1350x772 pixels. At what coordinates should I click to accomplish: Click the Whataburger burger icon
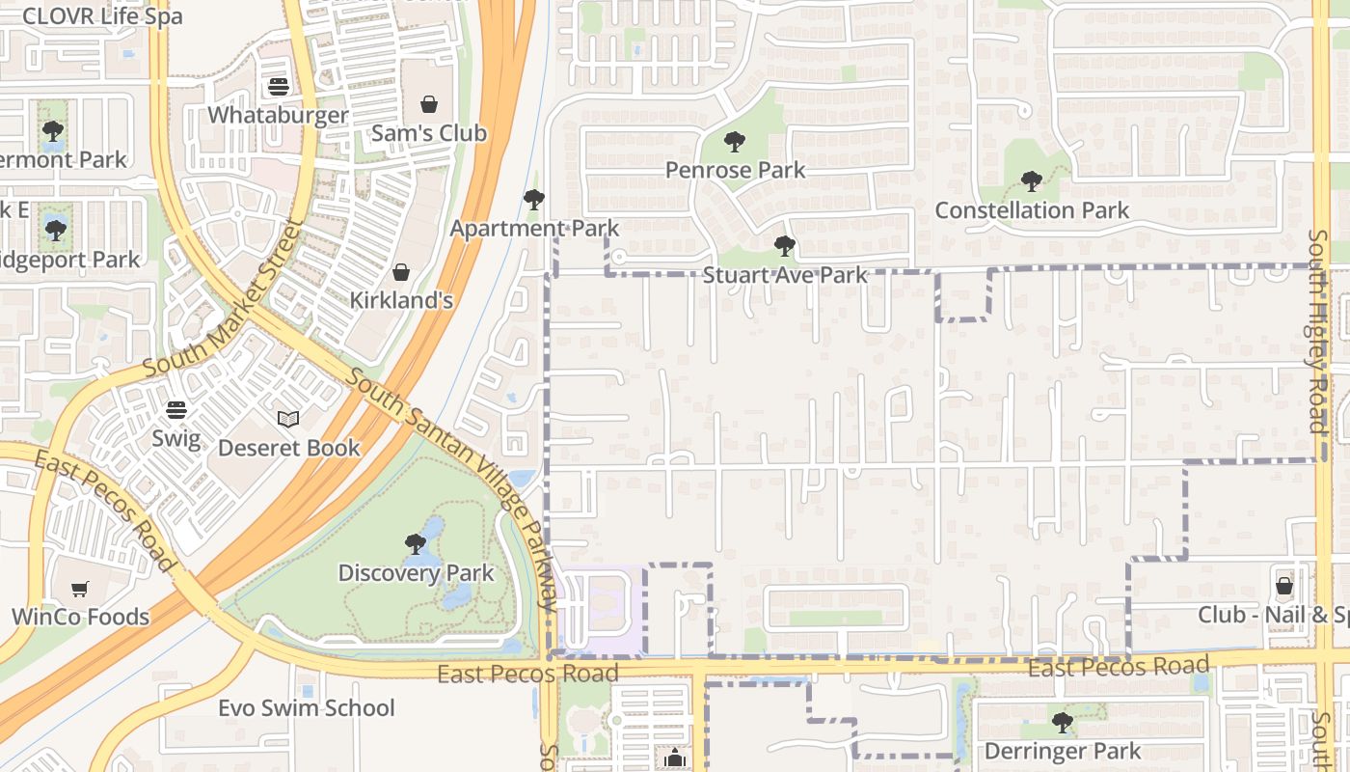[279, 87]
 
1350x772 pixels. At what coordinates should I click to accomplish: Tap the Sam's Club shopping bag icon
[429, 104]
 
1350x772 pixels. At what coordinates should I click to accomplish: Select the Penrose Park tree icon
[735, 142]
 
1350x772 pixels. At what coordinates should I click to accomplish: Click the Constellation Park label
[1032, 209]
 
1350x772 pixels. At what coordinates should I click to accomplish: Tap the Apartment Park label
[534, 229]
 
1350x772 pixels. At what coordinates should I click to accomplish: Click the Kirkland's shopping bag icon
[401, 272]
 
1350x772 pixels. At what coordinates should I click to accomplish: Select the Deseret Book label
[288, 448]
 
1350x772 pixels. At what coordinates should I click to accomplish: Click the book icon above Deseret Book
[288, 419]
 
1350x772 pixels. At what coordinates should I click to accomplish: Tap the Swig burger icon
[175, 410]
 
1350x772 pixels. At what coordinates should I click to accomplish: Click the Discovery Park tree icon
[416, 544]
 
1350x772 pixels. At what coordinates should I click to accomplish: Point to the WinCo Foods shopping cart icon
[80, 589]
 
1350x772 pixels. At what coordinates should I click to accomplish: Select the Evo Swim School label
[306, 708]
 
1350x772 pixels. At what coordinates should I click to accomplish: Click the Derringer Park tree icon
[1062, 722]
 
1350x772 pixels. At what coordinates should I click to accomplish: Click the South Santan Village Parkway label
[452, 488]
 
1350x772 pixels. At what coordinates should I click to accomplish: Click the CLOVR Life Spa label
[101, 15]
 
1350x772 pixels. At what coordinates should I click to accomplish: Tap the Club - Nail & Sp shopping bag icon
[1284, 586]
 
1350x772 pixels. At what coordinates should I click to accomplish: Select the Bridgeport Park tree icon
[56, 231]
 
